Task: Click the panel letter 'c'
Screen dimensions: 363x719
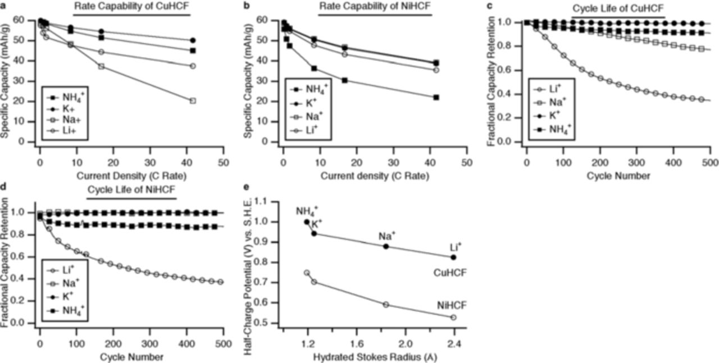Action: coord(490,6)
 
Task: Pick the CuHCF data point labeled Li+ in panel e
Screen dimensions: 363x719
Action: coord(453,257)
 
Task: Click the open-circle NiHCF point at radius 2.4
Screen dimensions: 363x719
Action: coord(453,317)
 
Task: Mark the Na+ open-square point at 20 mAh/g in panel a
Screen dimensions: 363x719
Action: coord(193,100)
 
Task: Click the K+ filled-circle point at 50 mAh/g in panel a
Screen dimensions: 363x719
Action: coord(193,40)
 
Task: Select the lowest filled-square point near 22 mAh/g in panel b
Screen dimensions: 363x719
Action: coord(436,97)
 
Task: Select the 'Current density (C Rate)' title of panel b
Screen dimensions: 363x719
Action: coord(375,176)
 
